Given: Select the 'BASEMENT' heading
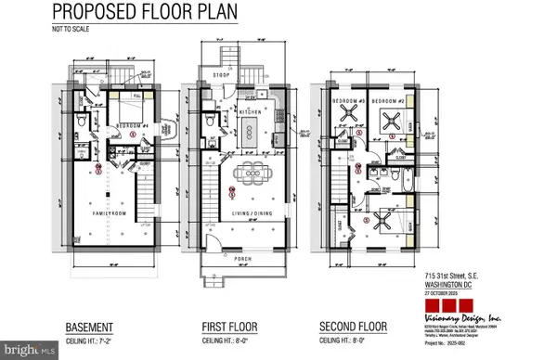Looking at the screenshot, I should click(90, 327).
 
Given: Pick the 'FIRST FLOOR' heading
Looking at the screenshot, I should click(229, 327).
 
